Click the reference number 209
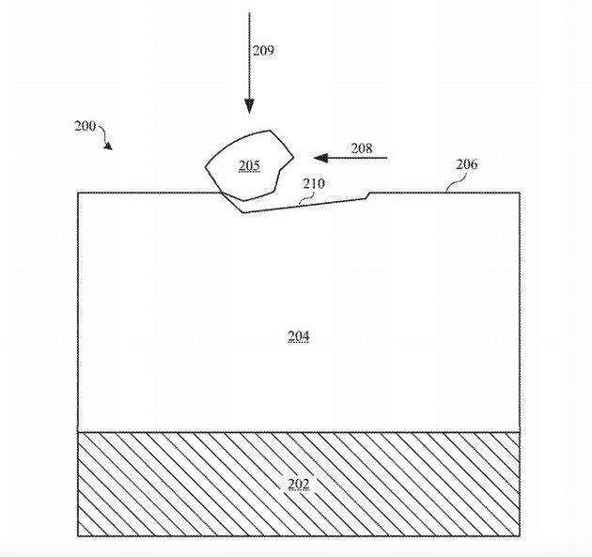(263, 50)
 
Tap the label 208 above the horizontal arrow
(362, 148)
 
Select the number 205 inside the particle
(249, 165)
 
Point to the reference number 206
(467, 164)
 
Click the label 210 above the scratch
(314, 184)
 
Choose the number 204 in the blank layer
(299, 336)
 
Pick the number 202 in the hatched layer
(299, 484)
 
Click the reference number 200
(85, 126)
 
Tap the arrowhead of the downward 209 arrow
(249, 106)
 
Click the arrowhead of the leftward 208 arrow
(320, 158)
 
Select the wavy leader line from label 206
(457, 182)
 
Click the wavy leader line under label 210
(307, 198)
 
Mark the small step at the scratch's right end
(368, 195)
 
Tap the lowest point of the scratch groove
(243, 212)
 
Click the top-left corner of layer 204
(78, 193)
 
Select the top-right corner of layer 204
(520, 193)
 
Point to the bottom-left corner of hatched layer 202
(78, 536)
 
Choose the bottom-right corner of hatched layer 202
(520, 536)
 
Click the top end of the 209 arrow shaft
(249, 13)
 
